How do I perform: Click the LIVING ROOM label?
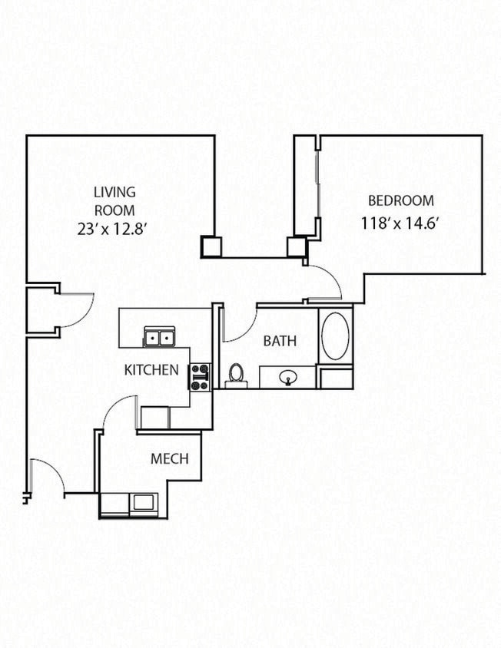[x=114, y=200]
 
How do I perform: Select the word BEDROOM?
[x=400, y=201]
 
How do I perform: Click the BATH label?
[x=280, y=341]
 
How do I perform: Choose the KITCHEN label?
[x=151, y=370]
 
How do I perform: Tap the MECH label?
[x=169, y=460]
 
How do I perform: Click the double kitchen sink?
[x=158, y=337]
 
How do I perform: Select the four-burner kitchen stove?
[x=200, y=376]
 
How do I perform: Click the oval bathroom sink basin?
[x=288, y=377]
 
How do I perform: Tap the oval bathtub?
[x=335, y=336]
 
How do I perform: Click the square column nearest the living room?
[x=211, y=246]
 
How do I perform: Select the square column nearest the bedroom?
[x=297, y=246]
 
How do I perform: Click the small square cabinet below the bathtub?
[x=336, y=379]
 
